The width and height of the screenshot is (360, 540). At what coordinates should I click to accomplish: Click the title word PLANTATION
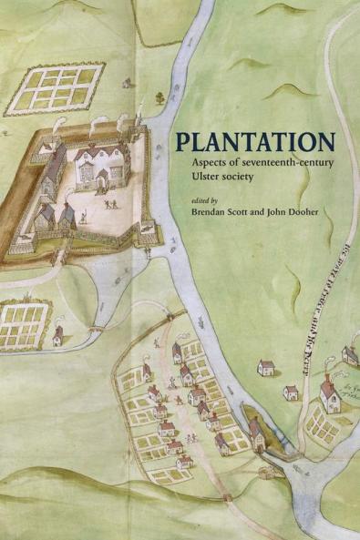coord(254,143)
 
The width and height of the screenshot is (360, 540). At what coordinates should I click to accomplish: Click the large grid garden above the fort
coord(55,87)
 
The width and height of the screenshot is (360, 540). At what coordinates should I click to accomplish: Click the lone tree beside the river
coord(159,96)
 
